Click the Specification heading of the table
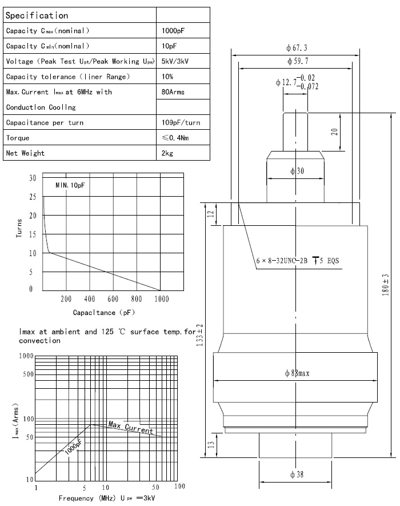[x=37, y=15]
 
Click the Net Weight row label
[x=25, y=153]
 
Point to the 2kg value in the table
[x=168, y=153]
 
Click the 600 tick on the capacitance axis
[x=113, y=299]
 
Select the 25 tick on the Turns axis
[x=31, y=197]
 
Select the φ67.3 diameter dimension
[x=297, y=47]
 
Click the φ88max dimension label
[x=297, y=373]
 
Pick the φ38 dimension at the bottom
[x=296, y=474]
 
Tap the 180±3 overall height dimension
[x=386, y=284]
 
